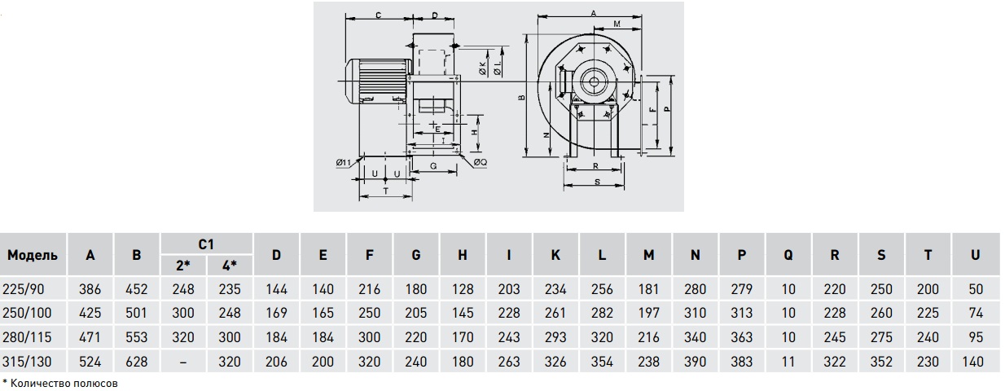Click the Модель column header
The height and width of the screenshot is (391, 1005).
point(33,255)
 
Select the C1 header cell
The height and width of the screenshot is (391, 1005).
point(206,244)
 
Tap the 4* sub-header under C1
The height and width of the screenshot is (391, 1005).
point(230,266)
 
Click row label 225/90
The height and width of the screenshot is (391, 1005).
point(24,289)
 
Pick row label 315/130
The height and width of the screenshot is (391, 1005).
point(27,362)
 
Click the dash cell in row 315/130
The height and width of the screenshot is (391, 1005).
point(182,362)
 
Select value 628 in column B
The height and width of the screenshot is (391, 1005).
point(136,362)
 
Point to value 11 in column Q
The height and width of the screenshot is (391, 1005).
point(788,362)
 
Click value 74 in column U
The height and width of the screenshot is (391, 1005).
point(976,313)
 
